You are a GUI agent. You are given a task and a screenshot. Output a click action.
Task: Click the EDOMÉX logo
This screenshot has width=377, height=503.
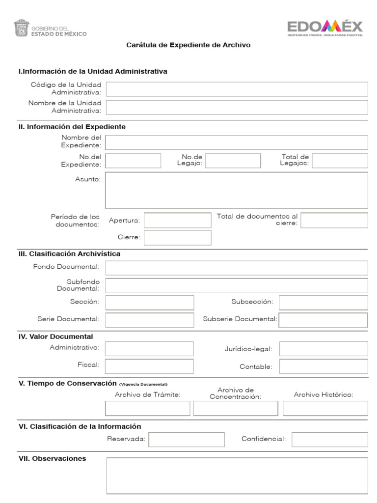325,28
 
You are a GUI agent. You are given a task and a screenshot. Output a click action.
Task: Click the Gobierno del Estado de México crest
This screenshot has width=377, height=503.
21,28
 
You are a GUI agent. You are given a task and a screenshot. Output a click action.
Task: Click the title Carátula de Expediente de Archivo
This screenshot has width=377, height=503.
188,45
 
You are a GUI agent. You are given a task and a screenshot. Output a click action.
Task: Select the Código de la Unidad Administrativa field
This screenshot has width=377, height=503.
237,89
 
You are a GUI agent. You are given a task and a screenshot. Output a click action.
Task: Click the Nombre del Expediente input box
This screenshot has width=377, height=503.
237,142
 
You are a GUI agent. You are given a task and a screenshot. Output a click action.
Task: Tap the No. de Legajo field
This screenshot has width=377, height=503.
233,161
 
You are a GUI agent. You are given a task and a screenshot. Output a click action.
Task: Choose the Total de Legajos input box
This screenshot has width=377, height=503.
340,161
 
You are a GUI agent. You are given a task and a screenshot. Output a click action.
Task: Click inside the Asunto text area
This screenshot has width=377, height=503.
237,190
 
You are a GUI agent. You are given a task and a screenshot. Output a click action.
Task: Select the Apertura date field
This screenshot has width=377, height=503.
177,221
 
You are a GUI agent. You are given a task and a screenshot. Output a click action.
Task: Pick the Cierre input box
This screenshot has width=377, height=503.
177,238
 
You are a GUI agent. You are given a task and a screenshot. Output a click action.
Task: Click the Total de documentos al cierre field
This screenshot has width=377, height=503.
334,221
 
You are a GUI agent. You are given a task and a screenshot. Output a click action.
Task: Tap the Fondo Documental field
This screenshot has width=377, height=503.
237,268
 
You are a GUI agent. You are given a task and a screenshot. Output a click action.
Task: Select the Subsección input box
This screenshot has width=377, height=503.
323,302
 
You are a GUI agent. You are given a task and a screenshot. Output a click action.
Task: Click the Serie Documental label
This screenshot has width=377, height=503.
68,319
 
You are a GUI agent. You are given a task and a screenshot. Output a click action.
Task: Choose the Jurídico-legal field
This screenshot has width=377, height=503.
323,349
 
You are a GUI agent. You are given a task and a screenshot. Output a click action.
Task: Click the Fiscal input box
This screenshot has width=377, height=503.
149,366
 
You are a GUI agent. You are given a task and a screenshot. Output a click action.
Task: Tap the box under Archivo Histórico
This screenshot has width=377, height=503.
325,408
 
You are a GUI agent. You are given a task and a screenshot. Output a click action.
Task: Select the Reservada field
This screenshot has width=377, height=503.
187,439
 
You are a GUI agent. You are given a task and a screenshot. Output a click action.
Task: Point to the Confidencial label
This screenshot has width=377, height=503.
263,439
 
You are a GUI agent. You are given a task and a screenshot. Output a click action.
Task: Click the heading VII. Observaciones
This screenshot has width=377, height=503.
52,458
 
